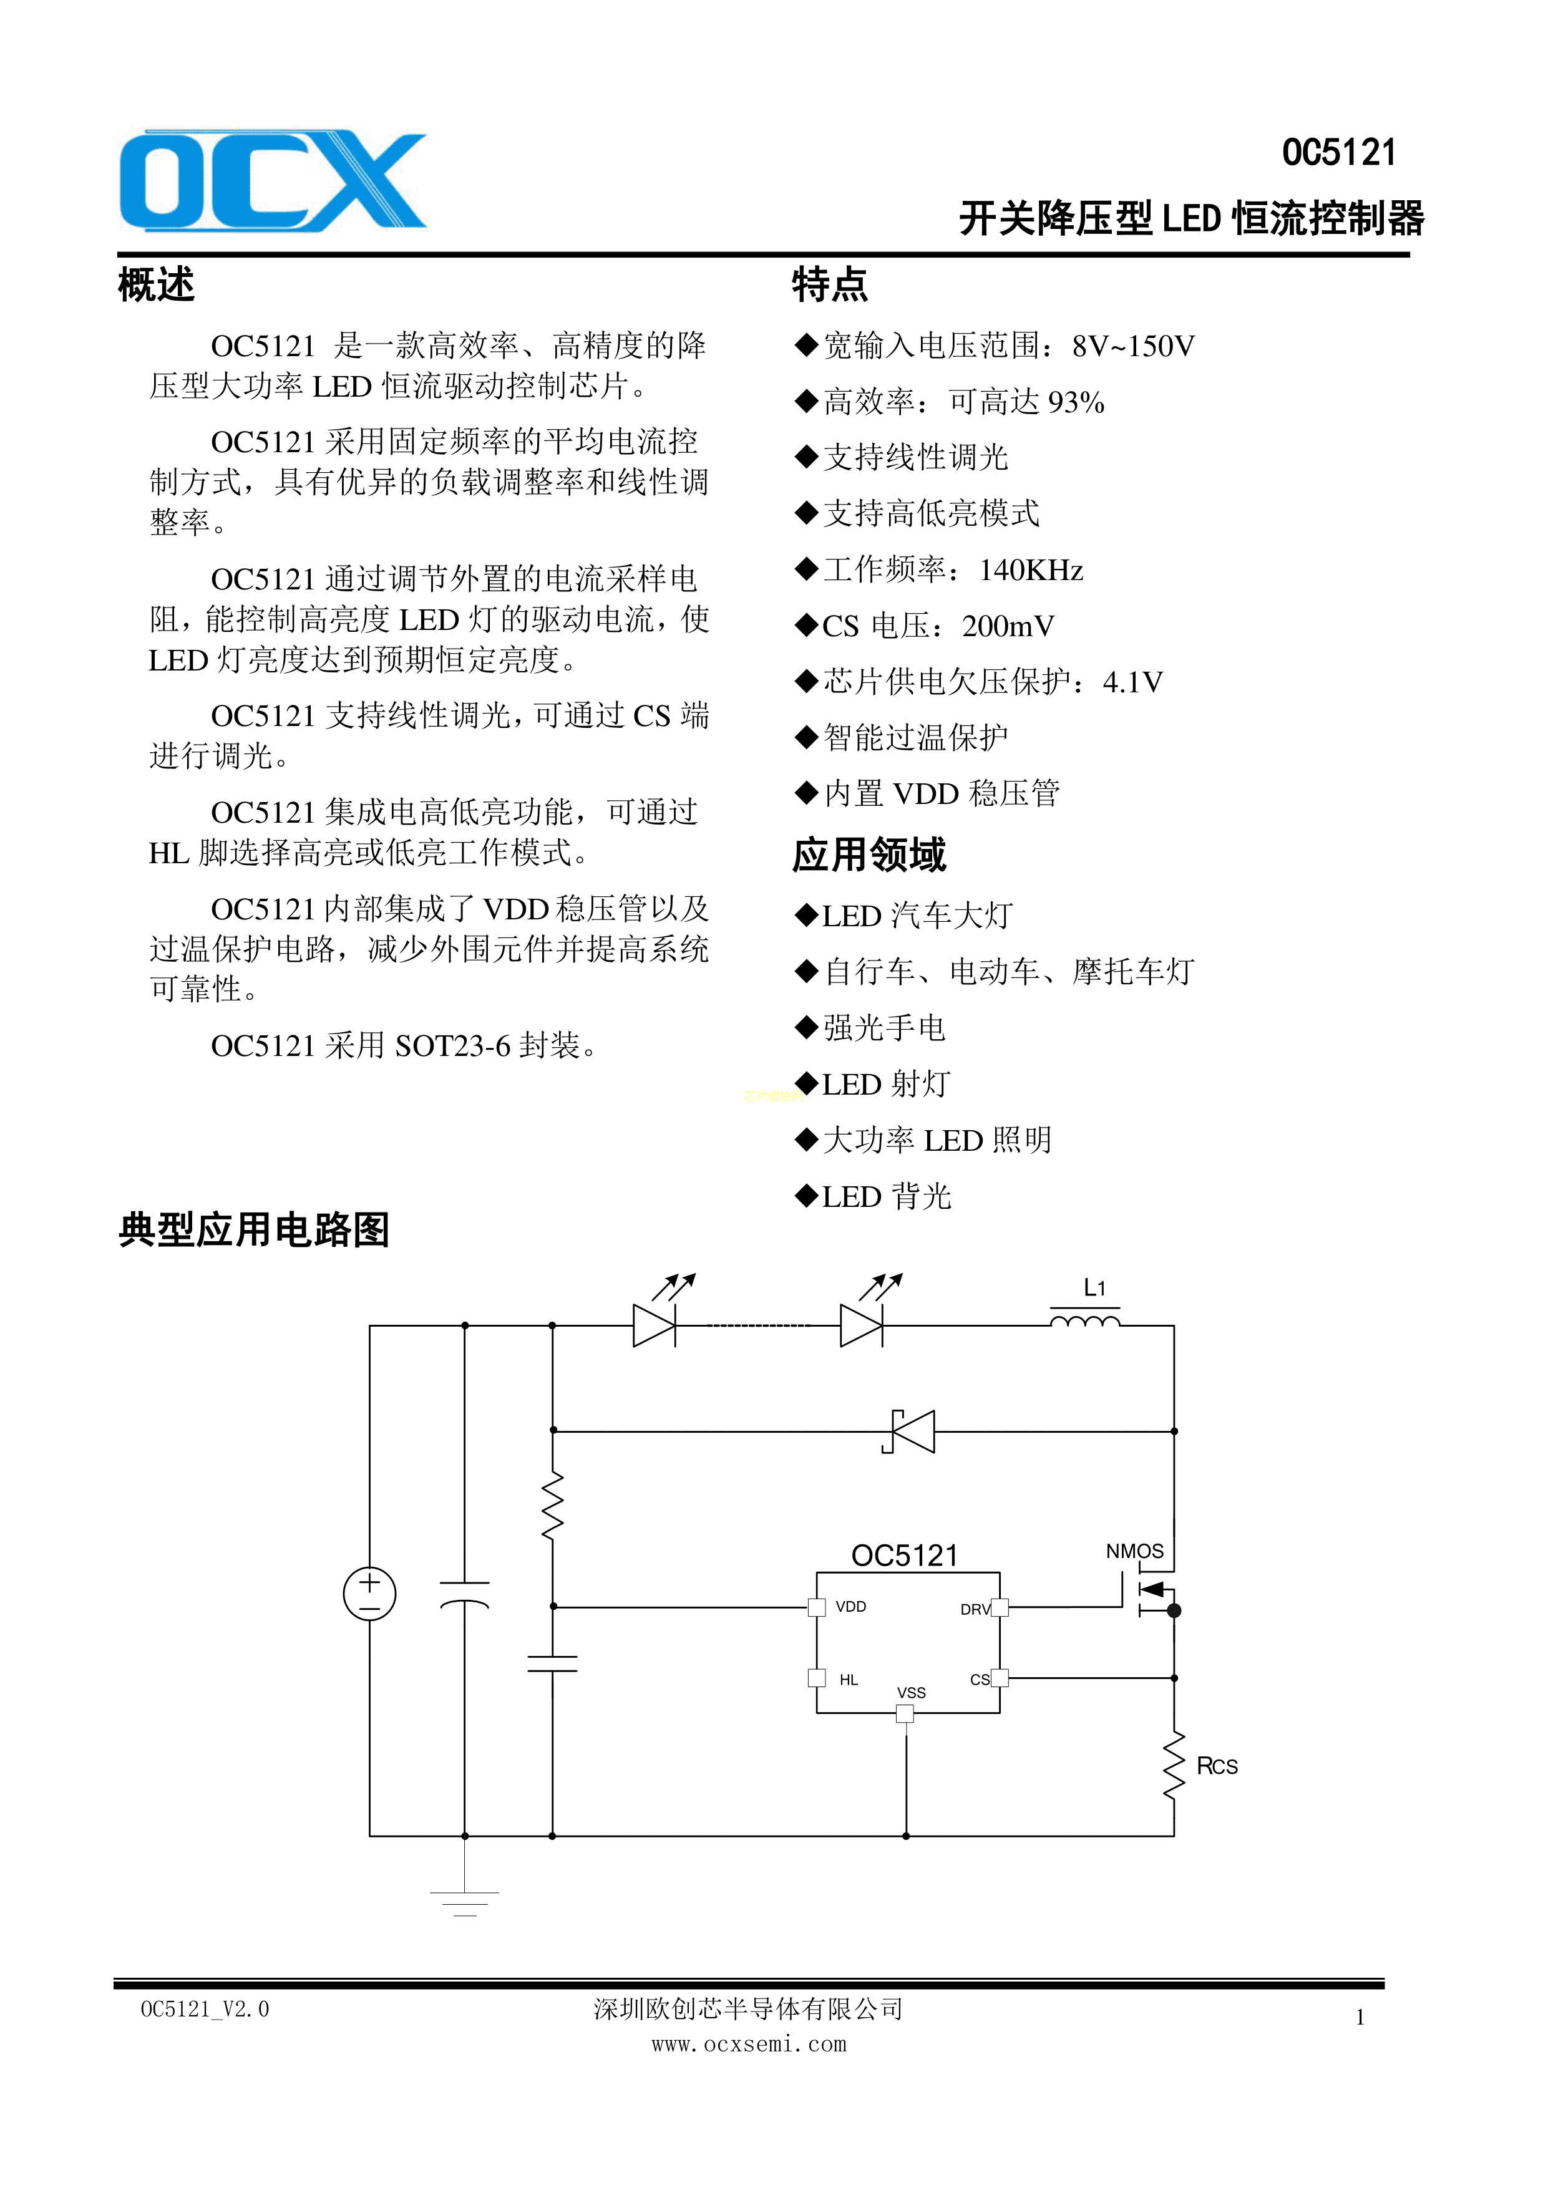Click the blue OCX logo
[273, 181]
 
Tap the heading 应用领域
[869, 855]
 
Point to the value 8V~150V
[1132, 346]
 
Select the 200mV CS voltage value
[1008, 626]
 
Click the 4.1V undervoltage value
[1132, 682]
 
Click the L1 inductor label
[1094, 1289]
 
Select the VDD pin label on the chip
[850, 1607]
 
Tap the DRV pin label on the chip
[974, 1610]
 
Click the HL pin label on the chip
[849, 1680]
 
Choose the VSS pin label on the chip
[911, 1693]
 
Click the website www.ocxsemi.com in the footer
[749, 2044]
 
